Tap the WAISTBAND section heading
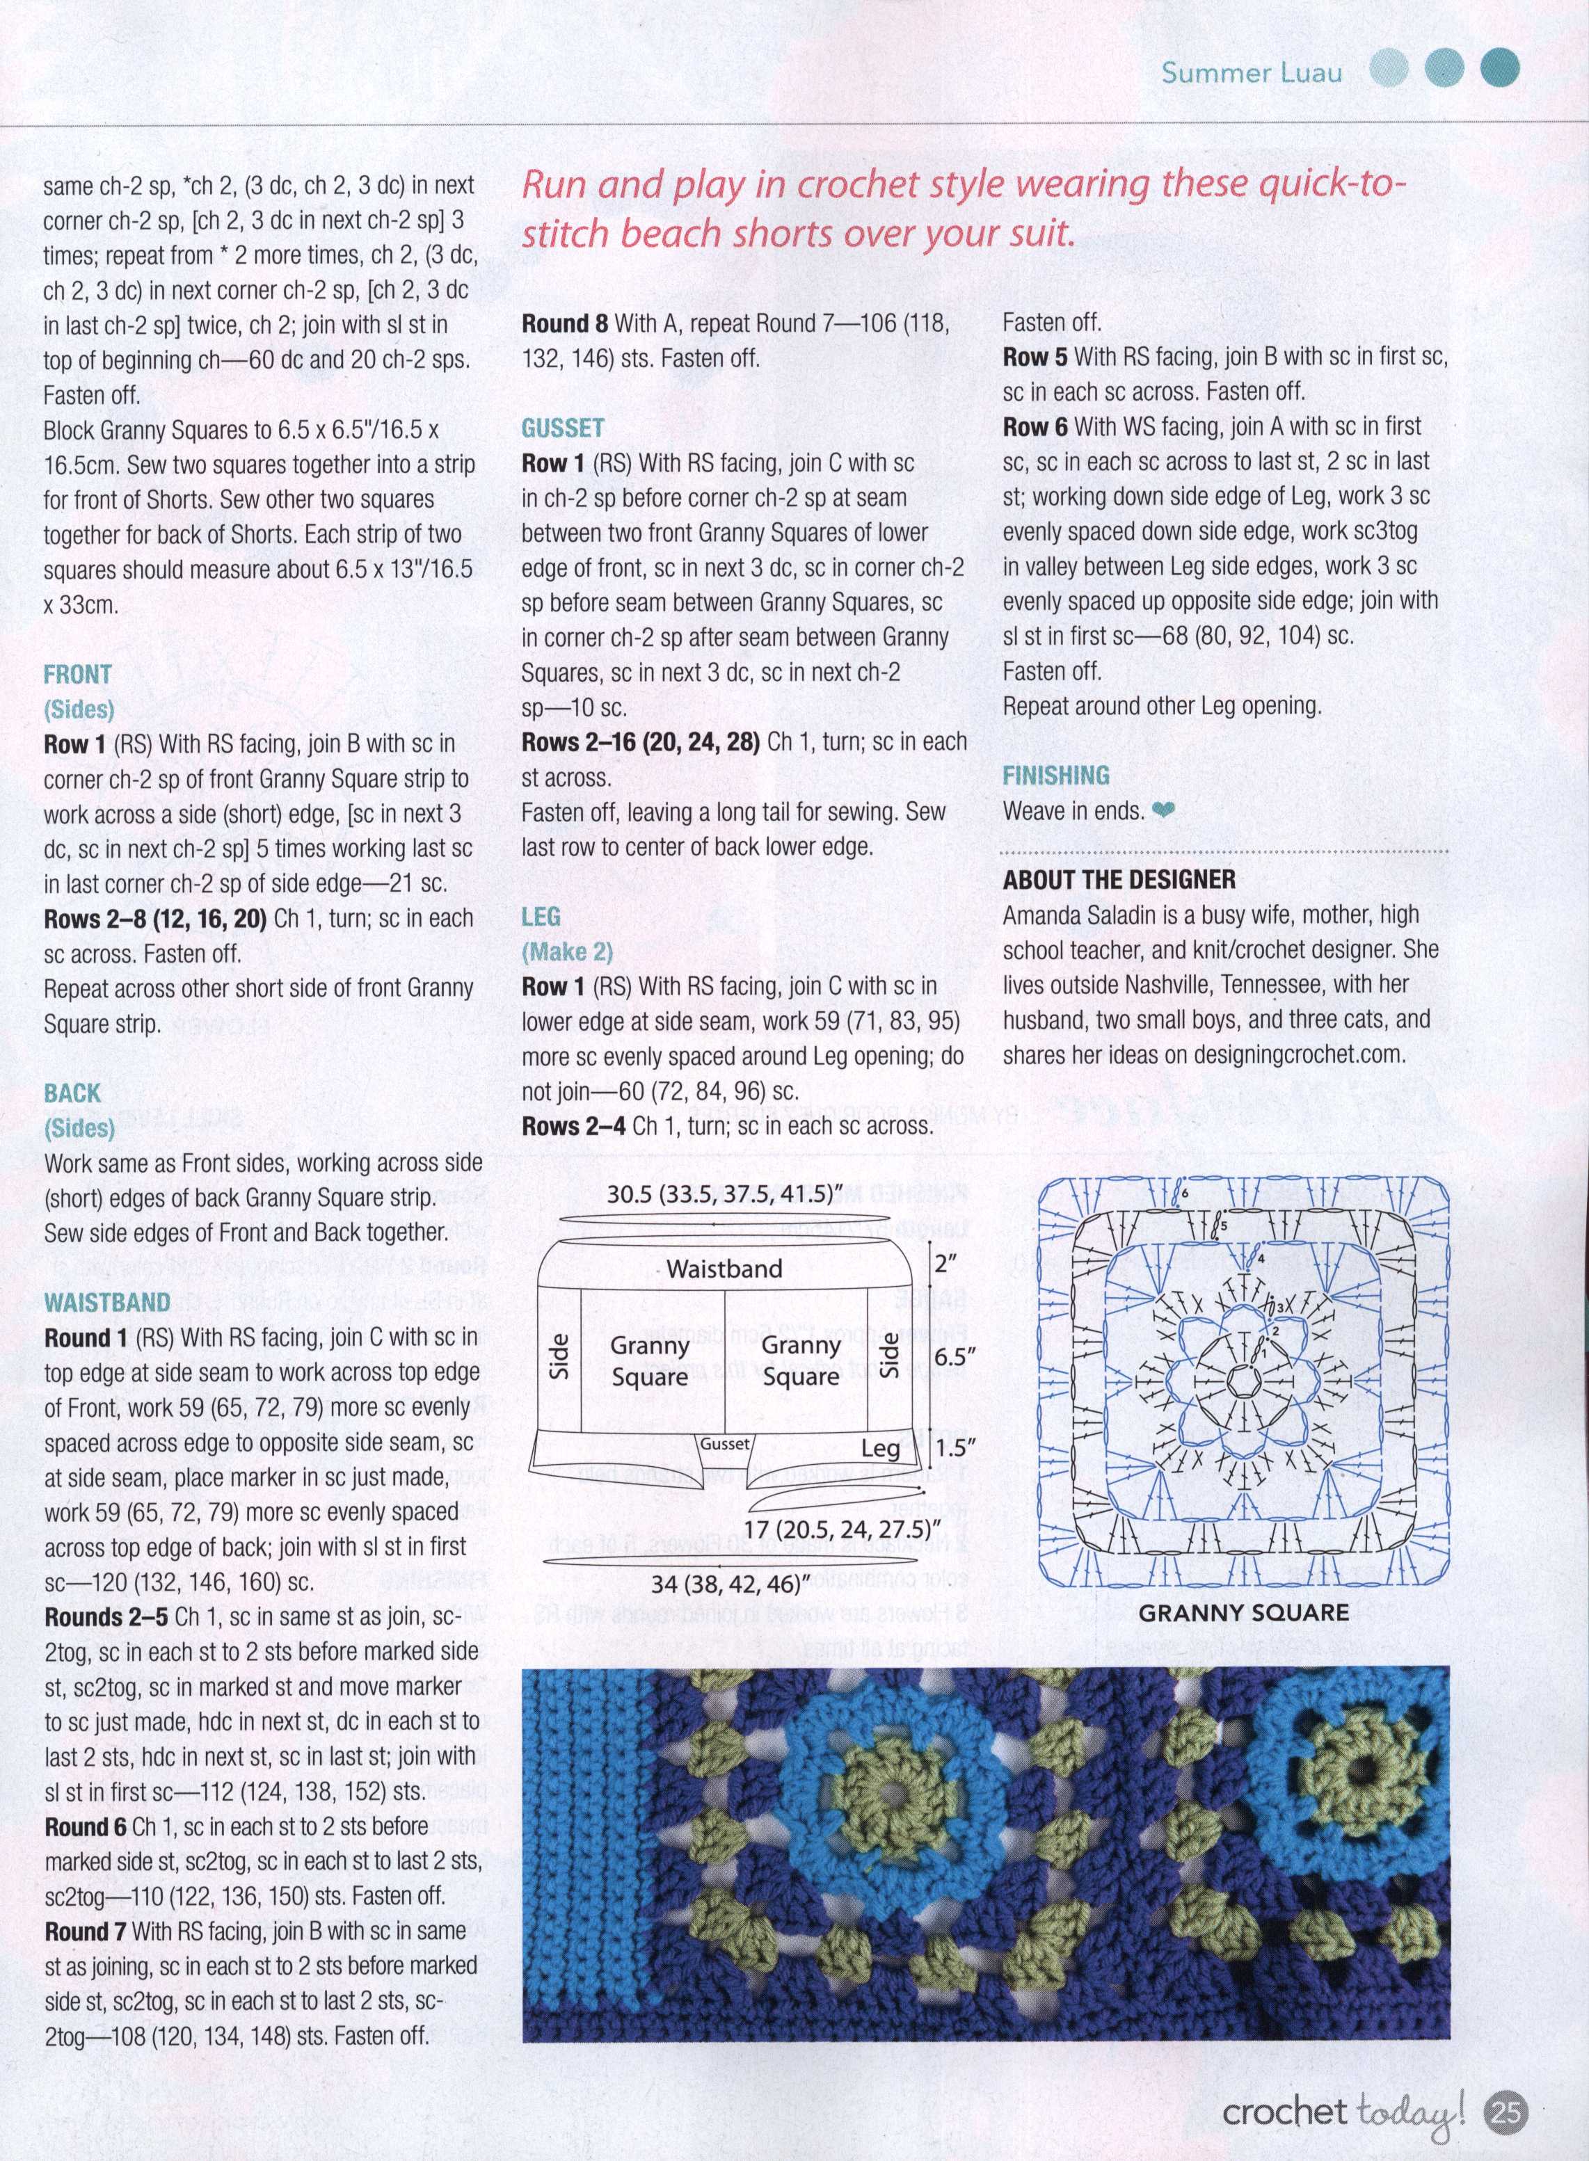[106, 1302]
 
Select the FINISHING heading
[1055, 775]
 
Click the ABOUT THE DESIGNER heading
[1119, 879]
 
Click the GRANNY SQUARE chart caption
[1244, 1612]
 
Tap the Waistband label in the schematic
[724, 1269]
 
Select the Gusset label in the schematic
[724, 1443]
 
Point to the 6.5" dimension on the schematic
[956, 1357]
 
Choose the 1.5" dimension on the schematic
[956, 1447]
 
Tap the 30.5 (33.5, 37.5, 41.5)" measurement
[719, 1194]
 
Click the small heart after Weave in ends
[1163, 812]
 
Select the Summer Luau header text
[1252, 72]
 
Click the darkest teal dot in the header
[1499, 70]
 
